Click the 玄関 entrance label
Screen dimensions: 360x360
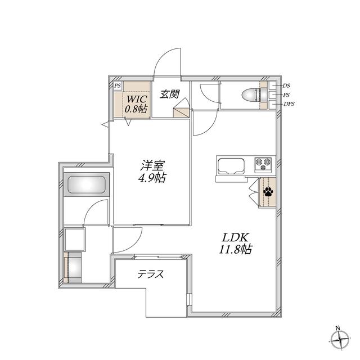coord(169,94)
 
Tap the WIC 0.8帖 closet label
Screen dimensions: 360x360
coord(136,103)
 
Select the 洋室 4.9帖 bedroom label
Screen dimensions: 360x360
coord(152,171)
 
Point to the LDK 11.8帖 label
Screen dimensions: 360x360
coord(235,244)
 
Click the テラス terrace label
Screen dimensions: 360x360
coord(151,274)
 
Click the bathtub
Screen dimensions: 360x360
coord(86,184)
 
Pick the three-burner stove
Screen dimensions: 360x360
coord(263,165)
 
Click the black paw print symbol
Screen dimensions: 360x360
coord(268,191)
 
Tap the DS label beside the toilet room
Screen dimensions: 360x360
coord(286,85)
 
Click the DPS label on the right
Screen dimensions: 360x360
coord(289,103)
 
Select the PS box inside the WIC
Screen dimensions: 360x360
coord(118,86)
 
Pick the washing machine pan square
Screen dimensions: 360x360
coord(75,240)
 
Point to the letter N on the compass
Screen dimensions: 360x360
coord(337,328)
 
